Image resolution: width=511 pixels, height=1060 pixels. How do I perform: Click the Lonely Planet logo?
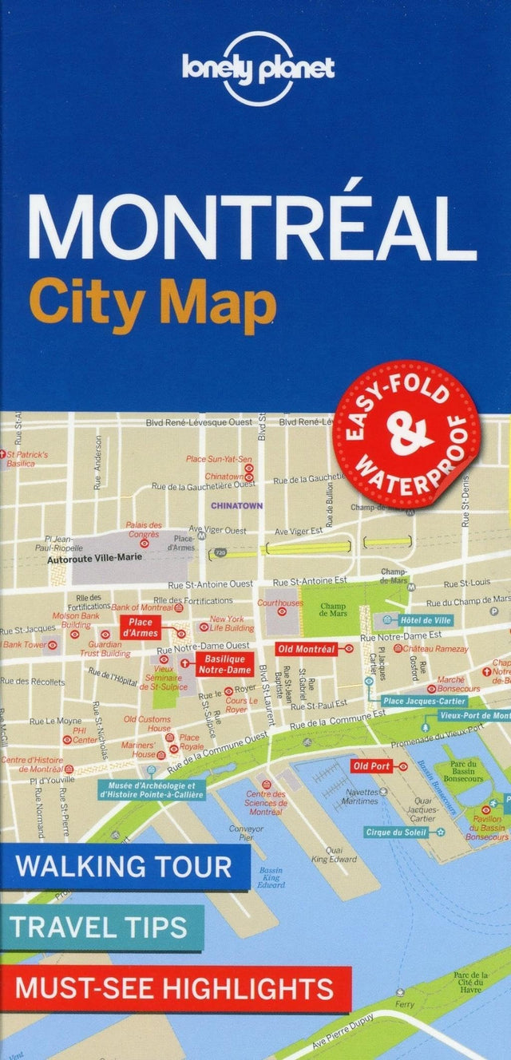click(257, 69)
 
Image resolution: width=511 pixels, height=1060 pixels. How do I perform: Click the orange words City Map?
click(152, 308)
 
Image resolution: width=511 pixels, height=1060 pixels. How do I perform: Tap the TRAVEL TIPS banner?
click(101, 927)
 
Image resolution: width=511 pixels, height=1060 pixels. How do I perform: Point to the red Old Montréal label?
click(306, 650)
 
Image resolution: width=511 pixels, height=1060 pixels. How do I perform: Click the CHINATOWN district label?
click(236, 505)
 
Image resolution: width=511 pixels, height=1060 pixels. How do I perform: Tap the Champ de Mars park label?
click(333, 611)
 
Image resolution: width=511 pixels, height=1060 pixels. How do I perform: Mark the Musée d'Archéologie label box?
click(151, 790)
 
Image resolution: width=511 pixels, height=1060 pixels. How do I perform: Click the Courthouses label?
click(279, 603)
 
